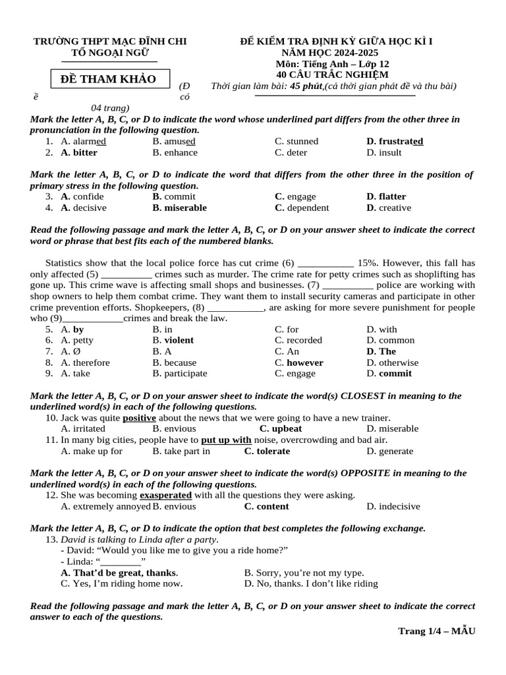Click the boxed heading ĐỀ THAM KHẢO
tap(108, 80)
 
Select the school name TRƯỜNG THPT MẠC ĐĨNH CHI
tap(110, 42)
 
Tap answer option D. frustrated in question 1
tap(395, 141)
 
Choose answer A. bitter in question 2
tap(78, 152)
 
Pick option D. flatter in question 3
tap(386, 196)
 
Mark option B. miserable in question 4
tap(179, 208)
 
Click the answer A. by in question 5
tap(72, 329)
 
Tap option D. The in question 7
tap(381, 351)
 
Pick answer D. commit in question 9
tap(389, 373)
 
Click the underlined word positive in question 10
tap(139, 418)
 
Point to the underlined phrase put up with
tap(226, 440)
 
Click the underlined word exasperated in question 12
tap(165, 495)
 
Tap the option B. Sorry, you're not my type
tap(304, 573)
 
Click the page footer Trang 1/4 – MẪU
tap(436, 631)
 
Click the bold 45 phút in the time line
tap(306, 86)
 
